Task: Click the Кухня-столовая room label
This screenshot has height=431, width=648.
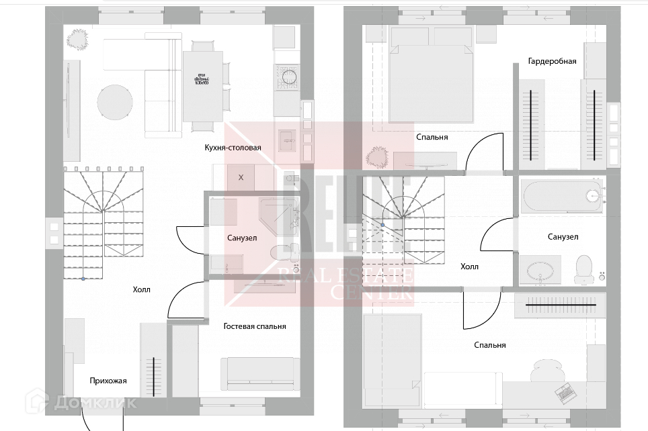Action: [x=233, y=148]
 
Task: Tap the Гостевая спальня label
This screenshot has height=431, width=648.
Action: [x=255, y=326]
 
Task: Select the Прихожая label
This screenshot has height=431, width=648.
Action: [x=108, y=381]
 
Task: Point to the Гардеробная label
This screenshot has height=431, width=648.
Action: [x=552, y=61]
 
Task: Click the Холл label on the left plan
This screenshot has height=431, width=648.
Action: [x=141, y=290]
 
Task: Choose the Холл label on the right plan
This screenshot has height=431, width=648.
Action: [x=469, y=267]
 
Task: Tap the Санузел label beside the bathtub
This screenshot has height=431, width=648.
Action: [x=563, y=237]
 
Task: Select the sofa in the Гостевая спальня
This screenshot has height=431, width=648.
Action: [x=260, y=372]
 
